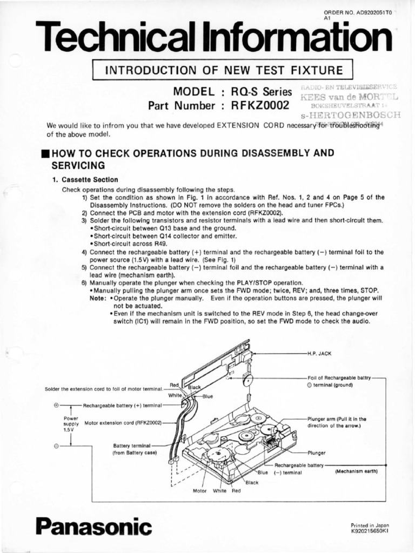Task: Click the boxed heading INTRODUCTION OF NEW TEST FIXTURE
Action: point(223,70)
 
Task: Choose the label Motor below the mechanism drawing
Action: point(200,491)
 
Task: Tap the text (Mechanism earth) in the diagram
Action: point(356,471)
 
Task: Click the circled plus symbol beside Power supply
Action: point(56,404)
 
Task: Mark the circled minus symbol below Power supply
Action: point(56,446)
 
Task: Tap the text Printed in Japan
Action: point(370,525)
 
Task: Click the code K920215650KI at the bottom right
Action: point(370,531)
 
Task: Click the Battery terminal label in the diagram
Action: point(132,446)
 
